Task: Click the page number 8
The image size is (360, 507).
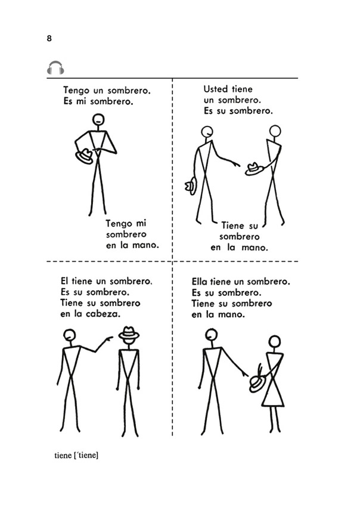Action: click(x=49, y=39)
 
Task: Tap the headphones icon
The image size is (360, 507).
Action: click(x=55, y=67)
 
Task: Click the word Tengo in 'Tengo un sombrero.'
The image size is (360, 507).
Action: click(x=76, y=90)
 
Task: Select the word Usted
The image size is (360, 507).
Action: click(x=216, y=89)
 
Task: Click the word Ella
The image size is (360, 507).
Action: click(x=199, y=282)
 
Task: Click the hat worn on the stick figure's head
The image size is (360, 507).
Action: click(x=129, y=333)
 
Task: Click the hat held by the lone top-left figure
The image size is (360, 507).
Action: click(x=85, y=156)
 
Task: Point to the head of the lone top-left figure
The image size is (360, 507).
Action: click(x=98, y=120)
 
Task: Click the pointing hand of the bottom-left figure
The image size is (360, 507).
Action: click(x=107, y=339)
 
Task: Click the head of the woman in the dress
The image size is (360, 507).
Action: click(x=275, y=341)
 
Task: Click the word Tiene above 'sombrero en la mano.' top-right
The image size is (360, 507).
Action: click(x=232, y=225)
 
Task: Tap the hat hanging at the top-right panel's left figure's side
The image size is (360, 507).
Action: click(x=191, y=186)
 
